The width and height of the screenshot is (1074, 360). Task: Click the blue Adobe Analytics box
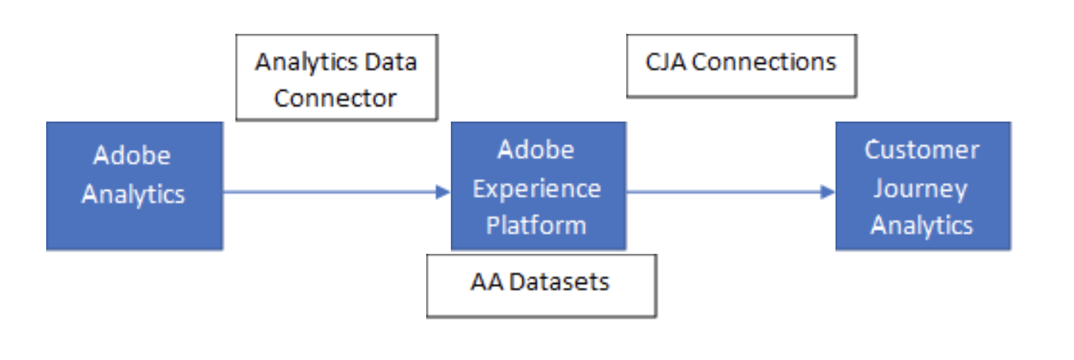134,185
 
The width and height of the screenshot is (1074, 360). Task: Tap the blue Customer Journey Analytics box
922,185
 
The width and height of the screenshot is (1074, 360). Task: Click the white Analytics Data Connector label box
336,78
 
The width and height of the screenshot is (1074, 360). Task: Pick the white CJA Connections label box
742,65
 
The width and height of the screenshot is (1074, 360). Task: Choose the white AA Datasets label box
541,285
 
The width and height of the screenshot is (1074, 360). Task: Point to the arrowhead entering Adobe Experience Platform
443,192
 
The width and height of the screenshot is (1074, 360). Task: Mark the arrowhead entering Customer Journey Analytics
828,192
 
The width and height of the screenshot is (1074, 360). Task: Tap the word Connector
336,98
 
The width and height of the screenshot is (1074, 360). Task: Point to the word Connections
764,62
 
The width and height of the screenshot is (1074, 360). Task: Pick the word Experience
537,188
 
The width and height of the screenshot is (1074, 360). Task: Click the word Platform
537,225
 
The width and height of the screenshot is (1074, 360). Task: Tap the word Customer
922,149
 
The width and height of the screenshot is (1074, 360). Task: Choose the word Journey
921,188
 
